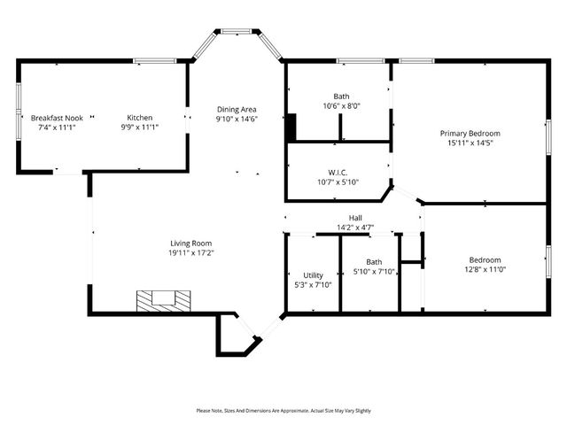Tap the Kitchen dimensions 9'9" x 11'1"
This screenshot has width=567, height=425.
pyautogui.click(x=139, y=127)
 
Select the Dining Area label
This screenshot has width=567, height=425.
pyautogui.click(x=237, y=109)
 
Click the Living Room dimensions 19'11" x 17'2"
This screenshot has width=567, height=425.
pyautogui.click(x=191, y=252)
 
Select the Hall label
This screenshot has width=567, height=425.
pyautogui.click(x=354, y=218)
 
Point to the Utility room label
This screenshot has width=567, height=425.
pyautogui.click(x=313, y=274)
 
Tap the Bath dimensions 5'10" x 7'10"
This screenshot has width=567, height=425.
pyautogui.click(x=374, y=272)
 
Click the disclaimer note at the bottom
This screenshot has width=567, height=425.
pyautogui.click(x=283, y=411)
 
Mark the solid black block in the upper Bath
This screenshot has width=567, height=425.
pyautogui.click(x=290, y=127)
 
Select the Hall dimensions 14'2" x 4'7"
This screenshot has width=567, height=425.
pyautogui.click(x=354, y=228)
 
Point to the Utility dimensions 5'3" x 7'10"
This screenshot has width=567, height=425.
pyautogui.click(x=313, y=284)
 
